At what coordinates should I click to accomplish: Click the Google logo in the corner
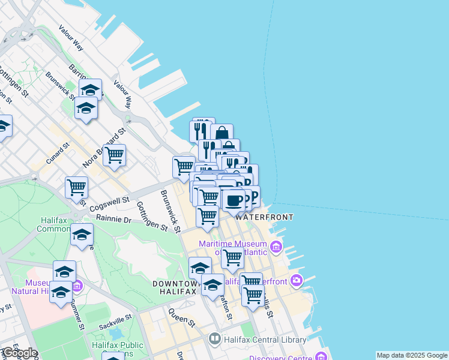tap(20, 353)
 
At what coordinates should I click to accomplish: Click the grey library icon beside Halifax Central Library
tap(215, 340)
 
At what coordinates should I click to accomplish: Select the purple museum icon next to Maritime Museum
tap(276, 246)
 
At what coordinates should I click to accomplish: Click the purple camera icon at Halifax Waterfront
tap(296, 280)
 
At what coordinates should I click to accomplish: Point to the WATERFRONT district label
tap(264, 217)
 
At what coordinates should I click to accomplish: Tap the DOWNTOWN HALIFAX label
tap(175, 287)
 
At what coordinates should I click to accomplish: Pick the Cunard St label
tap(58, 154)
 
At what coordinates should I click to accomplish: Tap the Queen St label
tap(182, 317)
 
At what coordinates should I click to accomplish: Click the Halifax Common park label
tap(55, 224)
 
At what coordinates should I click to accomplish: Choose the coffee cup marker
tap(234, 200)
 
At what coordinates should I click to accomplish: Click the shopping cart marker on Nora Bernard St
tap(114, 155)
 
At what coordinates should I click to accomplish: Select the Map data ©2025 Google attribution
tap(412, 355)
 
